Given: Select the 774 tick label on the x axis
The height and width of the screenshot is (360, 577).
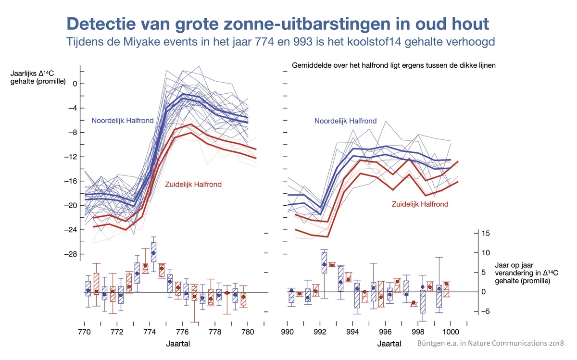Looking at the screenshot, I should [x=150, y=332].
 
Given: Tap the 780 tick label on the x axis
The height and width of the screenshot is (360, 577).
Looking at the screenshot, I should [x=247, y=332].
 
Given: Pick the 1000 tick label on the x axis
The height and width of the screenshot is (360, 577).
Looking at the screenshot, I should [x=451, y=332].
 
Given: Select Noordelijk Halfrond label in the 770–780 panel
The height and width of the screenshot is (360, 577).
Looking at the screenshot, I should [x=123, y=120].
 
